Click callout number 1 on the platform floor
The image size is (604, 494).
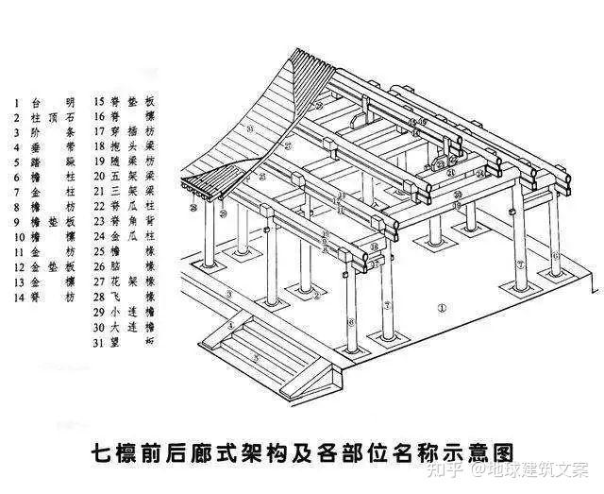(442, 309)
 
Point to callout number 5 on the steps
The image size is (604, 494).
(255, 358)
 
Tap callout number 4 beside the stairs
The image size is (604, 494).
(229, 328)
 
